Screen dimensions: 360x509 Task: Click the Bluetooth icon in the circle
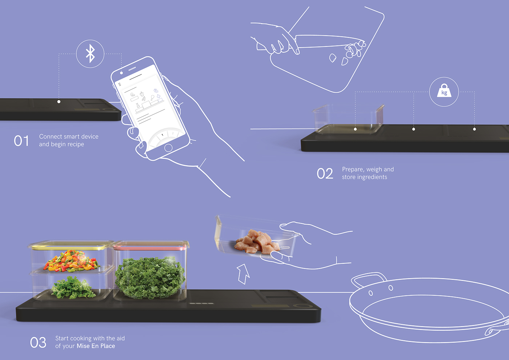click(90, 54)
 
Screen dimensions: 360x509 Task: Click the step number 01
click(21, 141)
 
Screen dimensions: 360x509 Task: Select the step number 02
click(325, 174)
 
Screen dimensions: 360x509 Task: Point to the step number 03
click(38, 343)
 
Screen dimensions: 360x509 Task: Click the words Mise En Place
click(96, 346)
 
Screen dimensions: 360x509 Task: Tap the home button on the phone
click(168, 148)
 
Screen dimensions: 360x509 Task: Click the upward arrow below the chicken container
click(243, 273)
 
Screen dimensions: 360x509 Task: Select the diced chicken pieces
click(258, 242)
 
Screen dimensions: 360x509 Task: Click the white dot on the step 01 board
click(59, 102)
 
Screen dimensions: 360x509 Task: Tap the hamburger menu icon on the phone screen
click(120, 84)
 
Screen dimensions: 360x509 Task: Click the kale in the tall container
click(150, 278)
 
